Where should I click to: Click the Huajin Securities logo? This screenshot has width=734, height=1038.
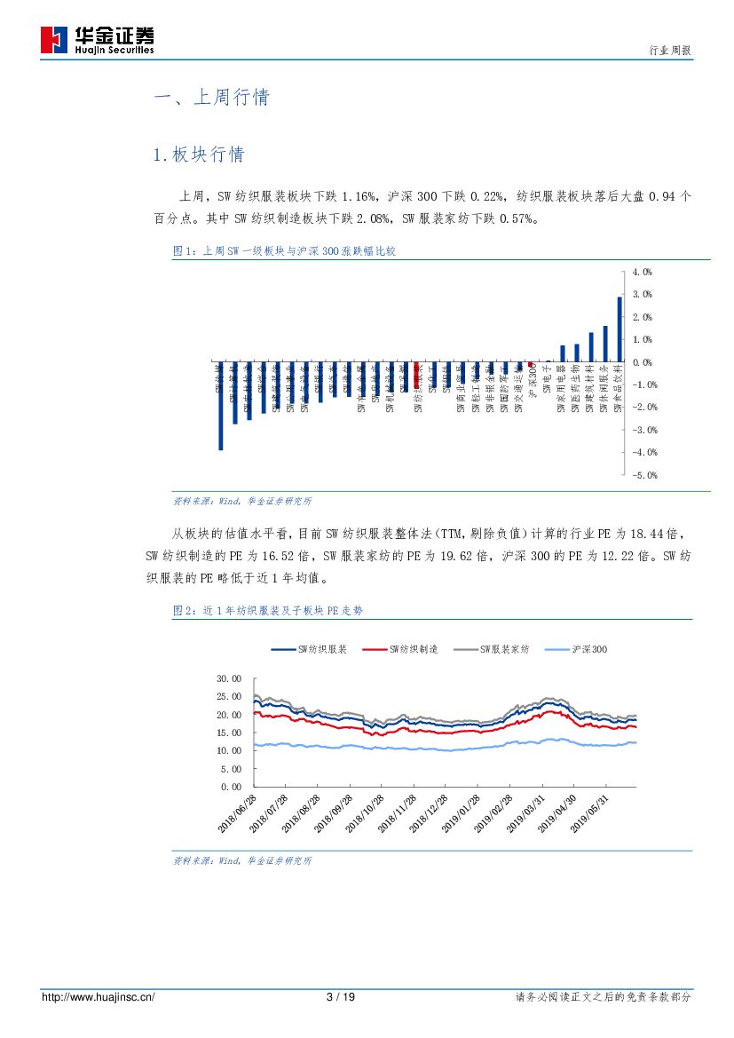point(97,38)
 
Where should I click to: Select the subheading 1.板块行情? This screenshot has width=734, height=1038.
point(199,155)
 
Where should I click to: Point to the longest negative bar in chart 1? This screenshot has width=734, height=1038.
point(220,406)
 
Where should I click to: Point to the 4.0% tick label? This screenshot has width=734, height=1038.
point(643,272)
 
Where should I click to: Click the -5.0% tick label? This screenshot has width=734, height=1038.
point(643,475)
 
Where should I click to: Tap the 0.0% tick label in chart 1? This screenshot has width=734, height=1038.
point(643,362)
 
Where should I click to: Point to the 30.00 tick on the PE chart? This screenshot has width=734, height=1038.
point(229,678)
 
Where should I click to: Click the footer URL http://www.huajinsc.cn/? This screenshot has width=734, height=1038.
point(99,997)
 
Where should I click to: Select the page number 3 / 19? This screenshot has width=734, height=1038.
point(341,997)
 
